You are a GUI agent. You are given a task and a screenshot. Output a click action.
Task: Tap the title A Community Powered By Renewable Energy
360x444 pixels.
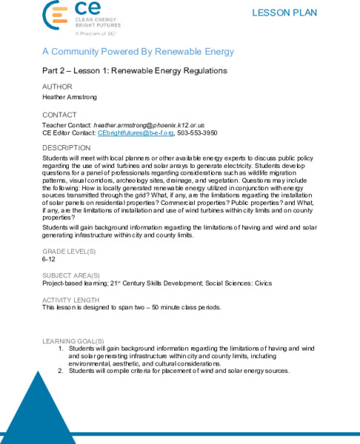click(137, 52)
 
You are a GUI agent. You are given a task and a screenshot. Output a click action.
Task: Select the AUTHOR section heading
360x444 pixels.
click(59, 87)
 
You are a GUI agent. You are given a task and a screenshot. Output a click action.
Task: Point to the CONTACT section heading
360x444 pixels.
click(60, 115)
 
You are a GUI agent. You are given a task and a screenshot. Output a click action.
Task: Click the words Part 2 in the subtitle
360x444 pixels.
click(56, 71)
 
